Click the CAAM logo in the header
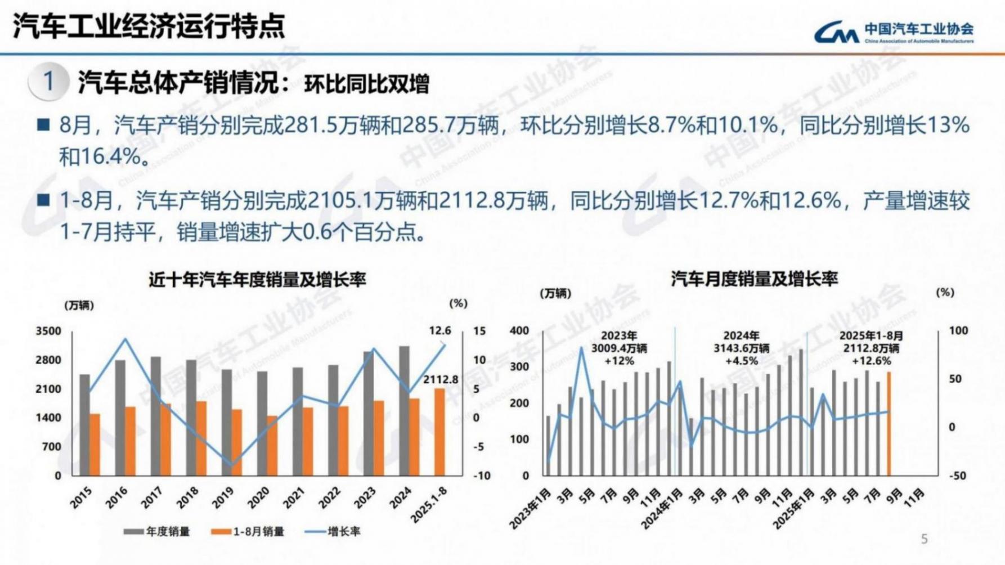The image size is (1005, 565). click(894, 32)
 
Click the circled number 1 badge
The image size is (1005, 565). click(48, 82)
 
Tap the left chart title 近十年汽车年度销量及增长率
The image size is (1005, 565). click(257, 280)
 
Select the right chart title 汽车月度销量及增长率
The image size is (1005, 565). click(754, 279)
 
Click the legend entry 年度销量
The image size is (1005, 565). click(158, 531)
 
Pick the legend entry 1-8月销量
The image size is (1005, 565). click(248, 531)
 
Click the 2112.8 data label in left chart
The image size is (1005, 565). click(441, 380)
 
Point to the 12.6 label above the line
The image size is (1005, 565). click(439, 331)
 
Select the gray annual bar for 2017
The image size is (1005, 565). click(156, 416)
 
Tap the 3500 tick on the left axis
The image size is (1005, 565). click(48, 331)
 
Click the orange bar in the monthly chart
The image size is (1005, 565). click(889, 423)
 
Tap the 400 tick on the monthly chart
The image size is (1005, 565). click(519, 331)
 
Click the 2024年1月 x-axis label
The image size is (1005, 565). click(662, 509)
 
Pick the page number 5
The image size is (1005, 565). click(924, 539)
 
